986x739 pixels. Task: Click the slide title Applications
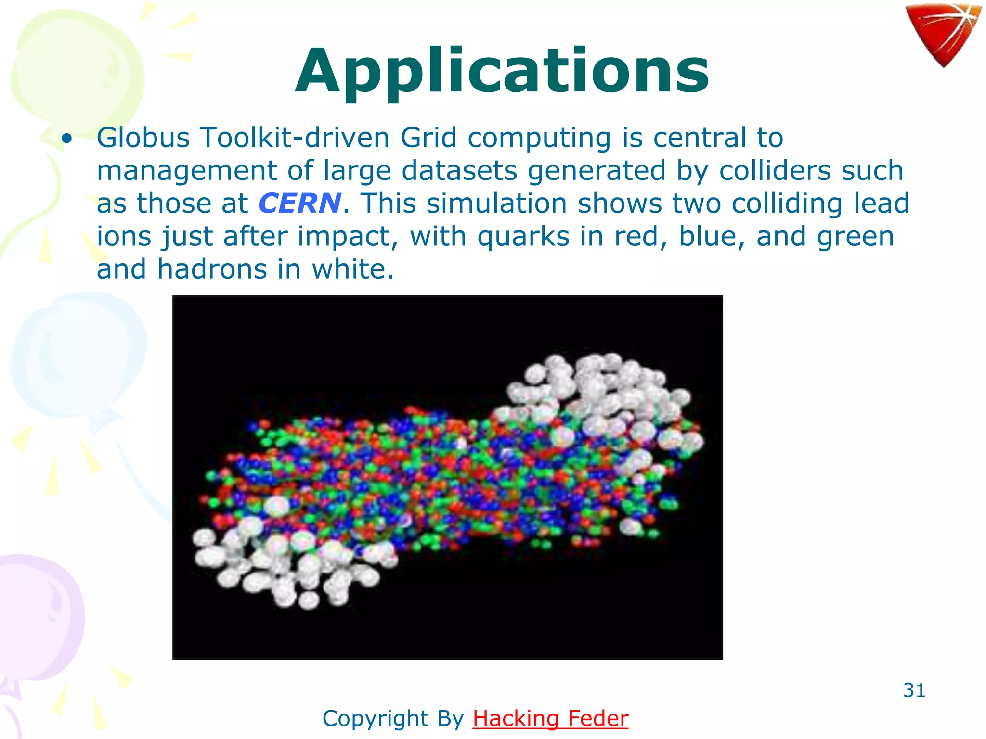(x=502, y=72)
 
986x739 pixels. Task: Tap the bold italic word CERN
(x=299, y=203)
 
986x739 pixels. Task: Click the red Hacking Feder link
(x=550, y=719)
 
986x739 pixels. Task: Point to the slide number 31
(x=914, y=690)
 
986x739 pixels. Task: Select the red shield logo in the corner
(x=942, y=34)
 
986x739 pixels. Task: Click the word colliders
(x=775, y=170)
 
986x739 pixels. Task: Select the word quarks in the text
(x=523, y=236)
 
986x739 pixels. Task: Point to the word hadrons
(x=212, y=269)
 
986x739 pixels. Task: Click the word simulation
(x=496, y=203)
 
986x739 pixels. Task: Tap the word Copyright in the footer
(x=376, y=719)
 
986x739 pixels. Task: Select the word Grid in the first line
(x=428, y=138)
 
